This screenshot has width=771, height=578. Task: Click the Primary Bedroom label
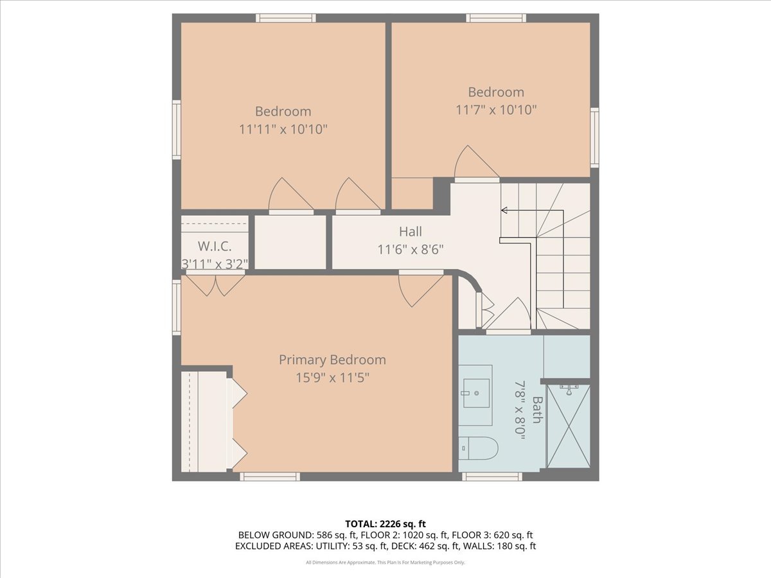pos(332,360)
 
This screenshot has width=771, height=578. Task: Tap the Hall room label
pos(411,232)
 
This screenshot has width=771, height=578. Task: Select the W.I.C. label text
pos(215,247)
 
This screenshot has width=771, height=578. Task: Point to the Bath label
pos(537,410)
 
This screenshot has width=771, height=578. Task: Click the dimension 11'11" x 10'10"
pos(283,130)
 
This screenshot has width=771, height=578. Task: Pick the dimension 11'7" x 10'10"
pos(496,110)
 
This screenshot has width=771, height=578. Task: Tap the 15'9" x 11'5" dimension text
pos(332,378)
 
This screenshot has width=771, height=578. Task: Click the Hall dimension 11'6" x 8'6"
pos(411,250)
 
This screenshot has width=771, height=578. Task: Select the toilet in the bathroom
pos(479,448)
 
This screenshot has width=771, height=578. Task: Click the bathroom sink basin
pos(476,394)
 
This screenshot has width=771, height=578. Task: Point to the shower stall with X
pos(569,426)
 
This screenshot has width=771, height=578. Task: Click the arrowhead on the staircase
pos(504,210)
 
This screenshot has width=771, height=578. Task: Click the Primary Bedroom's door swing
pos(421,290)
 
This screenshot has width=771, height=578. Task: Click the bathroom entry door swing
pos(508,314)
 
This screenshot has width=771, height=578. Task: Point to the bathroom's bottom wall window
pos(492,477)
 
